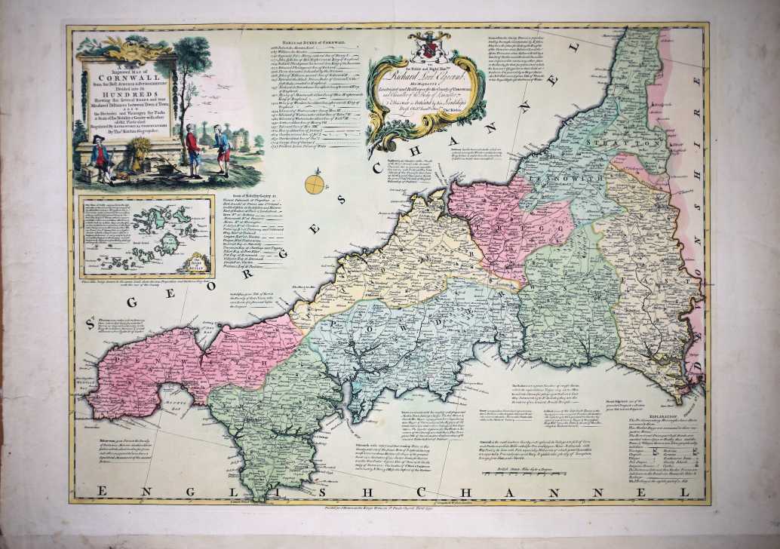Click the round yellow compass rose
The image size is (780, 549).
[315, 182]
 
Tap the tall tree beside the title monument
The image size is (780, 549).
[193, 68]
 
